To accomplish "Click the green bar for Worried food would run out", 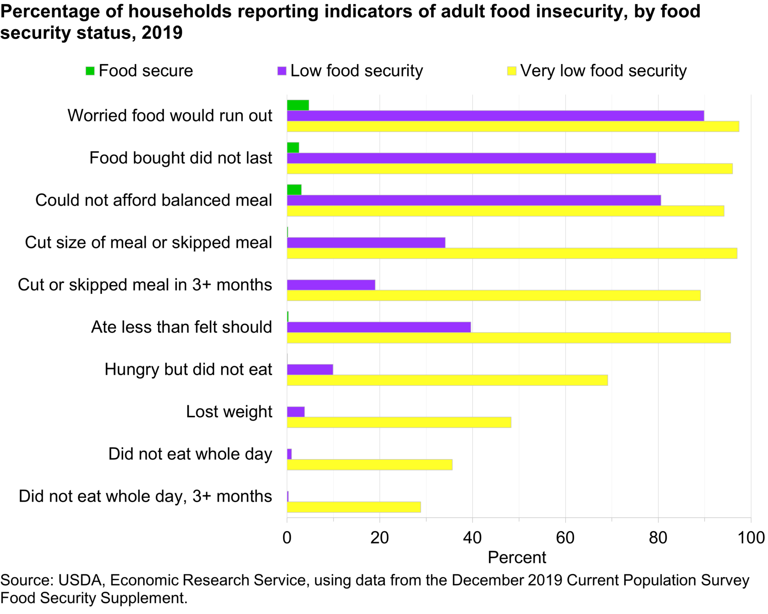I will [x=298, y=105].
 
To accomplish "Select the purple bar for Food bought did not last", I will [x=471, y=158].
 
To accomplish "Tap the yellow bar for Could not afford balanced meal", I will [x=505, y=211].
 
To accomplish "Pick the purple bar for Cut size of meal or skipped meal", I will [x=366, y=243].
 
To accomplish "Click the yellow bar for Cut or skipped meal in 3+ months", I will [x=493, y=295].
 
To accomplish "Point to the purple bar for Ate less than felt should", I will [x=379, y=327].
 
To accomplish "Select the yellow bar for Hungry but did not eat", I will [x=447, y=380].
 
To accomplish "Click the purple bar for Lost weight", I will [x=296, y=412].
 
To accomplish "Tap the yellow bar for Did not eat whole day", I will [x=370, y=465].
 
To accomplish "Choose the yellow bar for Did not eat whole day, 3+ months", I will [x=354, y=507].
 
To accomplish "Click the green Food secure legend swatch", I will [x=90, y=71].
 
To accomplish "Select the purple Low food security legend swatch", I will [x=282, y=71].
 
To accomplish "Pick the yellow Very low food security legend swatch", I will [x=512, y=71].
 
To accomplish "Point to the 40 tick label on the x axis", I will [x=472, y=538].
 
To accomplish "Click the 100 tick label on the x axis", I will [x=751, y=538].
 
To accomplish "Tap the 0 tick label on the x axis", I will [x=287, y=538].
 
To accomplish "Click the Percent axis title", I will [x=517, y=557].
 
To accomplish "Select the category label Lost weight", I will [x=229, y=411].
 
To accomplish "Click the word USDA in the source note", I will [x=80, y=580].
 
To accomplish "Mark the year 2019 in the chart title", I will [x=162, y=33].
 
